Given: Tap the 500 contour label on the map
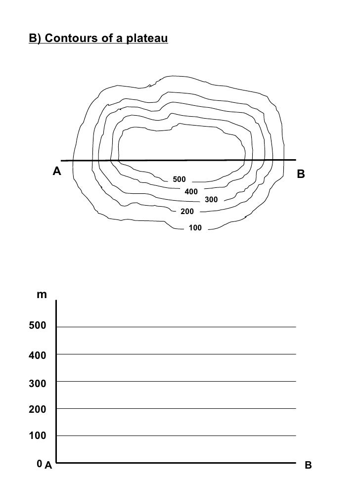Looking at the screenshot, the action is pyautogui.click(x=179, y=179).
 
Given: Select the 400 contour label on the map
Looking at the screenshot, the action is pyautogui.click(x=191, y=191).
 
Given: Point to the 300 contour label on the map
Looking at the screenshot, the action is pyautogui.click(x=211, y=200).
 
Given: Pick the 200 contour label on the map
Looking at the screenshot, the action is pyautogui.click(x=187, y=212).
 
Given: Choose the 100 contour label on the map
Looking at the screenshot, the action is pyautogui.click(x=196, y=228).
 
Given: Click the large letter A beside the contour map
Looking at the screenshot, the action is pyautogui.click(x=57, y=172).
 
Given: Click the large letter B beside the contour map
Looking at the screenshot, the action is pyautogui.click(x=301, y=174).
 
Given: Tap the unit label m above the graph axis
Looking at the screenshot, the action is pyautogui.click(x=42, y=295).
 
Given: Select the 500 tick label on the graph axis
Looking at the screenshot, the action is pyautogui.click(x=37, y=326).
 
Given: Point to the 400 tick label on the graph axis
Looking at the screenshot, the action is pyautogui.click(x=37, y=355).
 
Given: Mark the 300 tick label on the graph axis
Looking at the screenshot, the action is pyautogui.click(x=37, y=383).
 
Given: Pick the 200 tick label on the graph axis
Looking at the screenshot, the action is pyautogui.click(x=37, y=410).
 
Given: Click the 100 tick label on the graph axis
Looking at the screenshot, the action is pyautogui.click(x=37, y=436).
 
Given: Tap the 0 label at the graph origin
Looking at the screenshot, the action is pyautogui.click(x=39, y=464).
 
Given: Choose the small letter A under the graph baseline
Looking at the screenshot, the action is pyautogui.click(x=48, y=465).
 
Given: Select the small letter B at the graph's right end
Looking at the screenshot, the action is pyautogui.click(x=308, y=465).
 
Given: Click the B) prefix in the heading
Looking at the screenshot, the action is pyautogui.click(x=35, y=38).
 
